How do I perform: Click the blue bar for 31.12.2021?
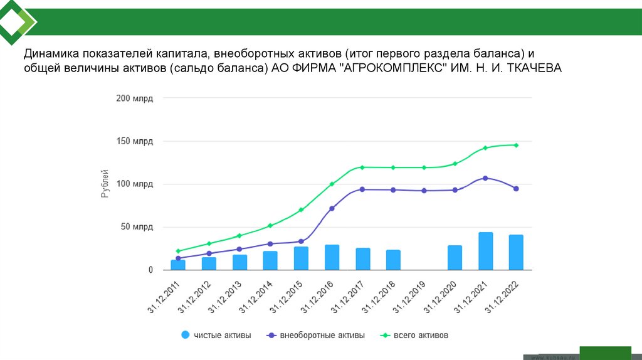pyautogui.click(x=485, y=251)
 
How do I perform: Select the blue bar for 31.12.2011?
pyautogui.click(x=178, y=265)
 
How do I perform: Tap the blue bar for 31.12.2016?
pyautogui.click(x=332, y=257)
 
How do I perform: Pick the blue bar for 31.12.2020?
pyautogui.click(x=455, y=257)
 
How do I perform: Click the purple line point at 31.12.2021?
pyautogui.click(x=485, y=178)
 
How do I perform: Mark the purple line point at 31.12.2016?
pyautogui.click(x=332, y=208)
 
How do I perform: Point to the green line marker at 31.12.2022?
pyautogui.click(x=516, y=145)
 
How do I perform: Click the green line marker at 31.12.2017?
pyautogui.click(x=362, y=167)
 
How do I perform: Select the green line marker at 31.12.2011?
pyautogui.click(x=178, y=251)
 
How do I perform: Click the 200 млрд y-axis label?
pyautogui.click(x=134, y=98)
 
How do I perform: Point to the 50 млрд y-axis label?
pyautogui.click(x=137, y=227)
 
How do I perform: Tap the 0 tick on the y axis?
pyautogui.click(x=150, y=270)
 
